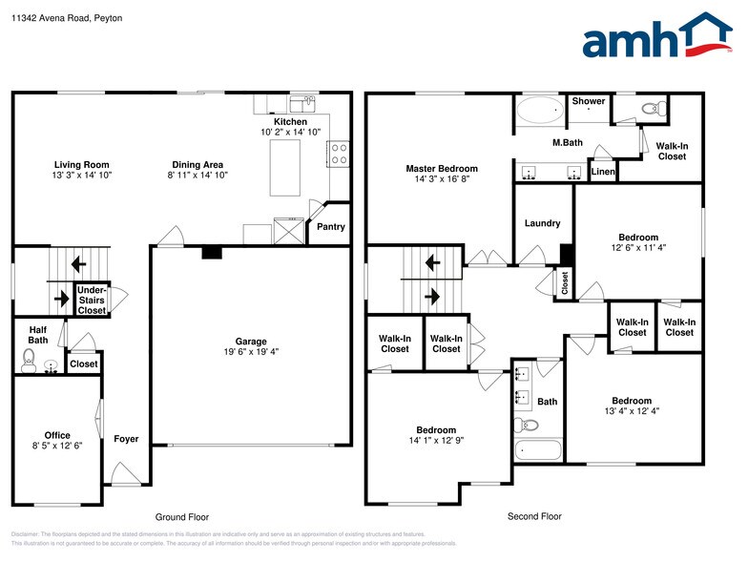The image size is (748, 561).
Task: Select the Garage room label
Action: point(251,342)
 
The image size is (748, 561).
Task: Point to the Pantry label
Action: point(330,227)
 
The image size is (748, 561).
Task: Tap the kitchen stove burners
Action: point(338,154)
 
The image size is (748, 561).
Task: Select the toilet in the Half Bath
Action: point(29,361)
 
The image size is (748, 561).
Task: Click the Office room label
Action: point(57,436)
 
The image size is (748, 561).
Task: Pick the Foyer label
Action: point(126,439)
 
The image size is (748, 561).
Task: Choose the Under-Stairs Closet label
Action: point(92,300)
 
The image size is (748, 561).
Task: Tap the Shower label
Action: point(588,101)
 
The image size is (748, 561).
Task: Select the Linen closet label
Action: point(603,172)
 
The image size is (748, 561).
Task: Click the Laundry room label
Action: point(542,223)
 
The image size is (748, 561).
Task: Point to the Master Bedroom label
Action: point(441,169)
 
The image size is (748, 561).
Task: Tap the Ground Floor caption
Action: point(182,517)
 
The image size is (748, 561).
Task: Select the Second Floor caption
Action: point(533,515)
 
